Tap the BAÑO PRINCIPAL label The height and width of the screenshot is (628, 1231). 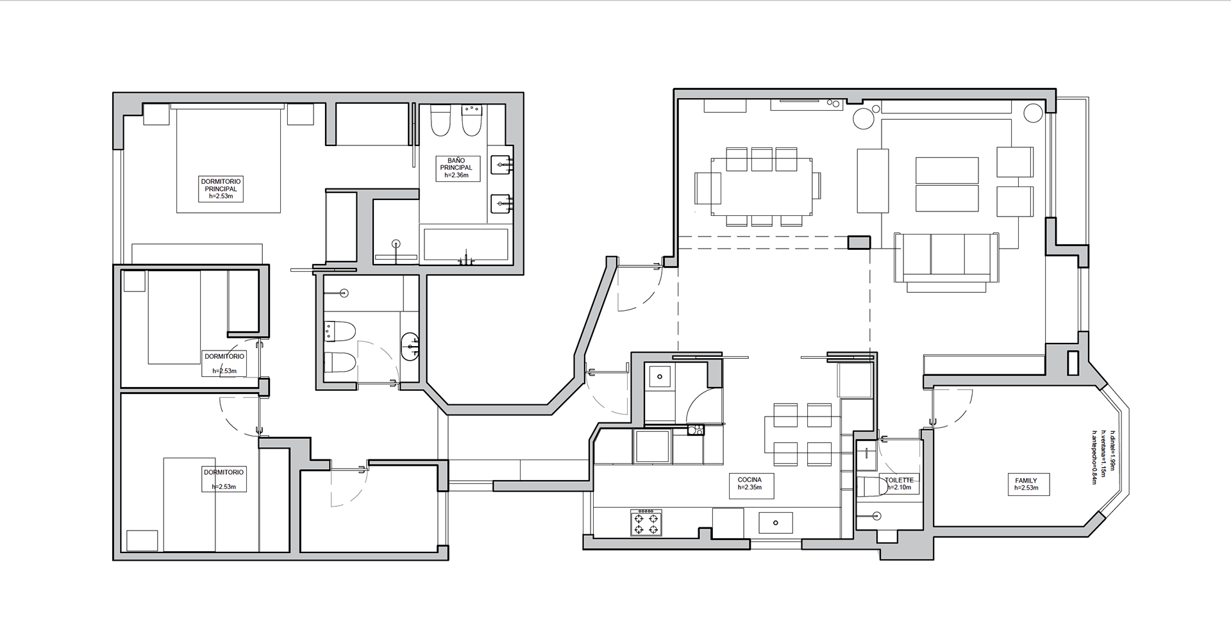[456, 164]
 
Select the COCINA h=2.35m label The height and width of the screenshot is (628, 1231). [749, 483]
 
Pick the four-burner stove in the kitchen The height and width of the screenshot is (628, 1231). [646, 522]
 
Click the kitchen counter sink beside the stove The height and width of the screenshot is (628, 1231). [775, 523]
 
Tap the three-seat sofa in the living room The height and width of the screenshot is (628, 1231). [946, 258]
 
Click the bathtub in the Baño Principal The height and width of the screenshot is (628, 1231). [466, 245]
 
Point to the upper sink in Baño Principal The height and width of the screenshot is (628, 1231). [502, 165]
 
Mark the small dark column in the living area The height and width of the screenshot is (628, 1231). [859, 242]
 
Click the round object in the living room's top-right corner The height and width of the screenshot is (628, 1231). [1033, 113]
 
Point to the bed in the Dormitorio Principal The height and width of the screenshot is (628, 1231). [229, 160]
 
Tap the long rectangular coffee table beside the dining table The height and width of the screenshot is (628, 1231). [873, 181]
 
